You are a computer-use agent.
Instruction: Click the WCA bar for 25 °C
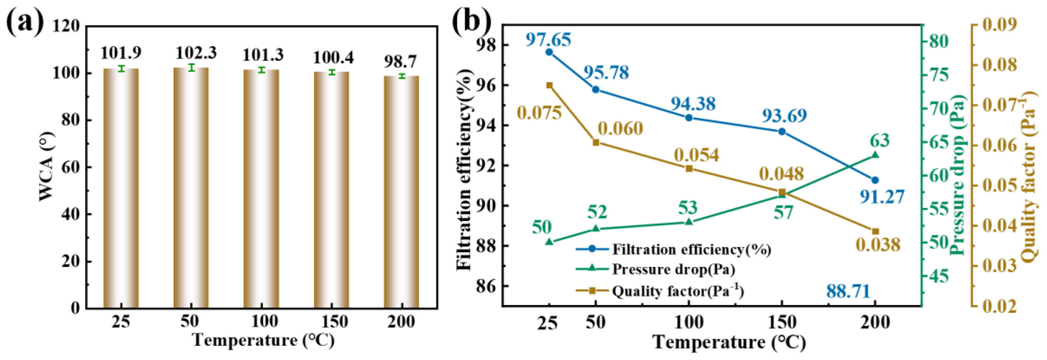121,187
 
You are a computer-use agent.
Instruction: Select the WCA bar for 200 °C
401,191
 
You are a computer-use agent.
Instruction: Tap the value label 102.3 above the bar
196,53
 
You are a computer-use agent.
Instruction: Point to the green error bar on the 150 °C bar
332,72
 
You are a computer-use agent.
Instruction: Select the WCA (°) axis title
46,166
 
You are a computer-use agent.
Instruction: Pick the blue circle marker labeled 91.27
875,180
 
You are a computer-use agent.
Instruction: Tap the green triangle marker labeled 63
875,155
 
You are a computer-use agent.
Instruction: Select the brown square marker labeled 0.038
875,232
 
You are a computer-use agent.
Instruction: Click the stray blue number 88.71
848,291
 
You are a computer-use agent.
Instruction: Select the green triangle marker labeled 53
689,222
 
